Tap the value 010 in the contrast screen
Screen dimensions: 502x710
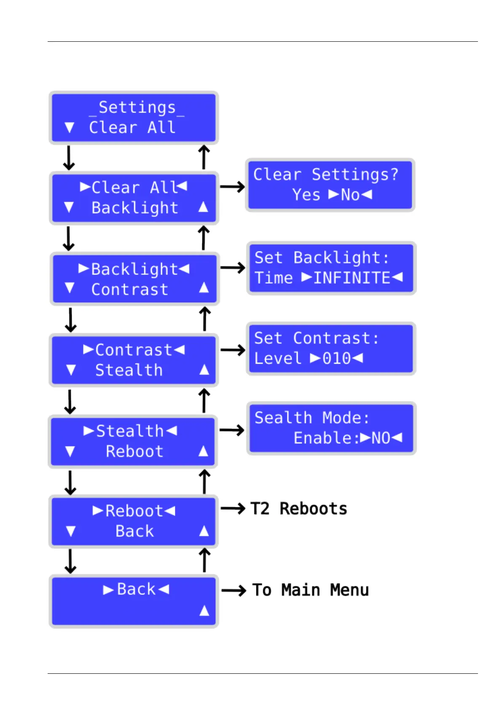336,359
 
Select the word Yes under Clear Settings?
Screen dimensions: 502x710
306,195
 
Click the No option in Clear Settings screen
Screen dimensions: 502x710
350,195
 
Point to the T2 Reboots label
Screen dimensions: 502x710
298,509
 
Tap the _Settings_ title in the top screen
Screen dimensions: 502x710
137,108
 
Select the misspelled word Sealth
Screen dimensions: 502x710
283,418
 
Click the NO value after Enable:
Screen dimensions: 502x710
380,438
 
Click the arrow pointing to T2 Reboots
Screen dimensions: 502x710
233,508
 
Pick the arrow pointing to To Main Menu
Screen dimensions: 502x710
234,590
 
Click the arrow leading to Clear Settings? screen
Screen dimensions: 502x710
232,187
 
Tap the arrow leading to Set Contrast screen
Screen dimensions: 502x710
233,350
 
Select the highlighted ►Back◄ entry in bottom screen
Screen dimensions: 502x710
136,589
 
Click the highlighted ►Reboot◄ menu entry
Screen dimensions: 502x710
134,511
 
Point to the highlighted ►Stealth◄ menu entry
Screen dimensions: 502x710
130,431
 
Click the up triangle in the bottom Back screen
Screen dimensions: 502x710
204,610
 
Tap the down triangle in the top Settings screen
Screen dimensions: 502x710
70,128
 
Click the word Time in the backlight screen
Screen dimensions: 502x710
274,278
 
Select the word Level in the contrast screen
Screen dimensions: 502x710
278,359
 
